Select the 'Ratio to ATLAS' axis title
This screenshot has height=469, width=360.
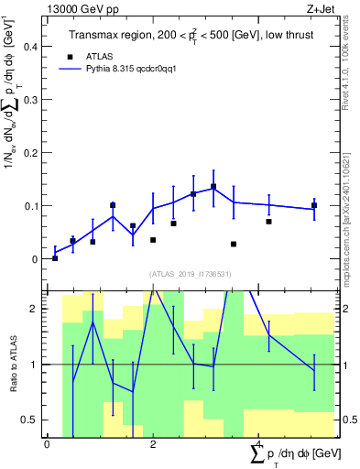(x=12, y=365)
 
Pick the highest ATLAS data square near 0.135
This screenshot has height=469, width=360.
(x=213, y=187)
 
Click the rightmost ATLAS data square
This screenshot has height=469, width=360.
(x=313, y=205)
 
